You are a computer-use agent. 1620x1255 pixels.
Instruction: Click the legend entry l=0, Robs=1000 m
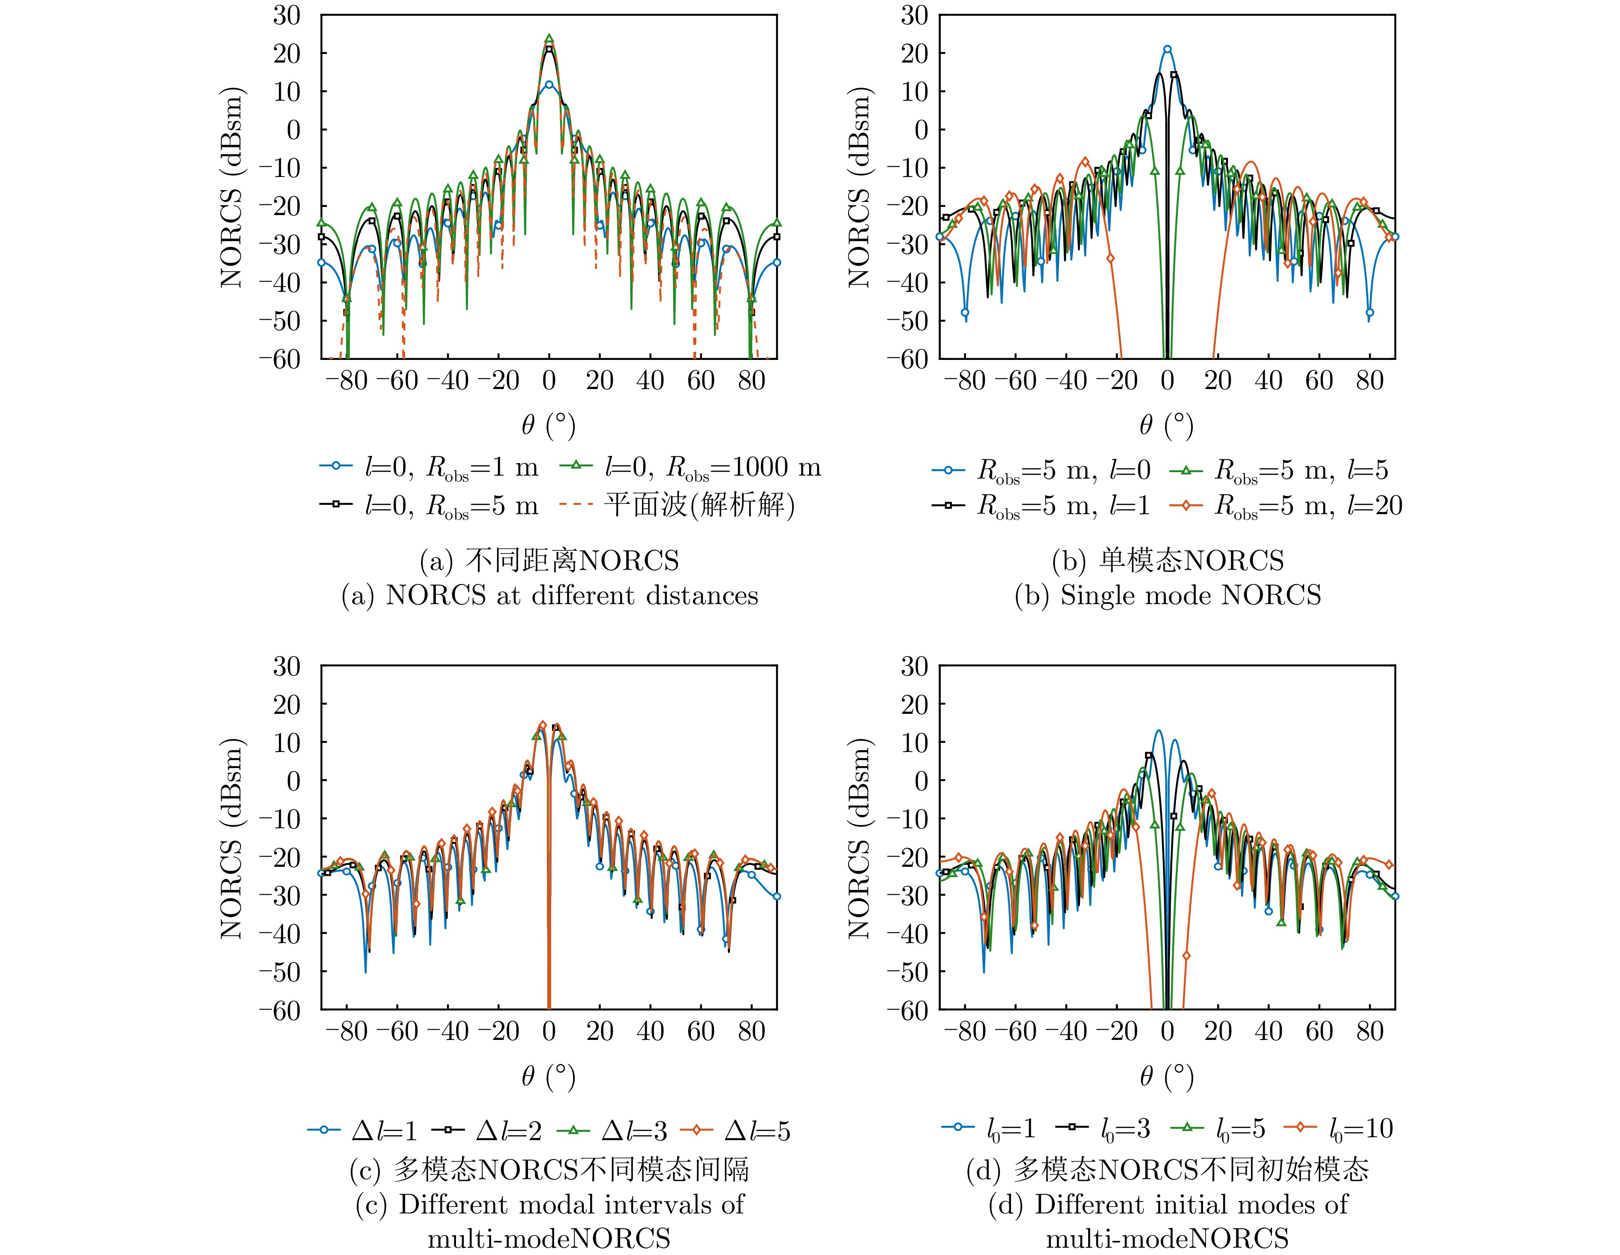click(x=712, y=467)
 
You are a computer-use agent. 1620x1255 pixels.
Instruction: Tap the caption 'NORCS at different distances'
click(x=571, y=596)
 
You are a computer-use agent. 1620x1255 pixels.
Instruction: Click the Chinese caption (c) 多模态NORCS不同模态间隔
click(x=549, y=1170)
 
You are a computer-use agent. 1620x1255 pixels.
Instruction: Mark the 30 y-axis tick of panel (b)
click(x=913, y=15)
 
